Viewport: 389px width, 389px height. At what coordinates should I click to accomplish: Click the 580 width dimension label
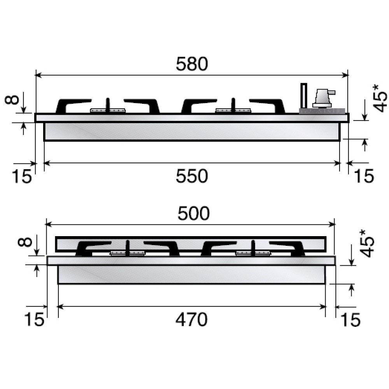coord(192,64)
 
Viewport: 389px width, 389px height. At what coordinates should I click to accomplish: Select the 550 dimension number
coord(192,176)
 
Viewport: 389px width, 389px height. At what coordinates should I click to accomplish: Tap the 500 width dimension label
coord(193,213)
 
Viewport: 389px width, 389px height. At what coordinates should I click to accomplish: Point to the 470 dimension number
coord(191,319)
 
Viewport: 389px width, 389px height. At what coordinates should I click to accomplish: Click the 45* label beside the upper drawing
coord(380,98)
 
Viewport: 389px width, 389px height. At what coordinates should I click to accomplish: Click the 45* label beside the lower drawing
coord(366,243)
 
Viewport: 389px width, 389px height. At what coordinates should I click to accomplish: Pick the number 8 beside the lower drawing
coord(25,242)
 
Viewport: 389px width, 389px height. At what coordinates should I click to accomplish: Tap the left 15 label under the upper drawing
coord(22,176)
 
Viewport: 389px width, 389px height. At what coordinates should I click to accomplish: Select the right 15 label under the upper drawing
coord(363,176)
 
